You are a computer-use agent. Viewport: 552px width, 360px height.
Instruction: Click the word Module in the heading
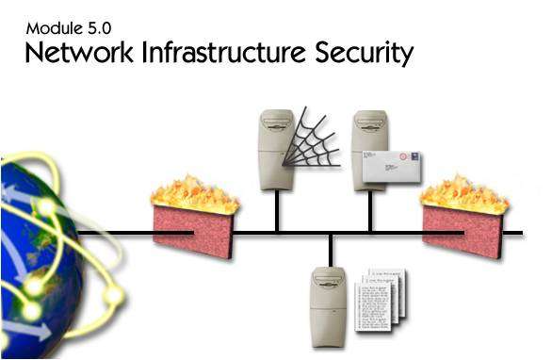(53, 28)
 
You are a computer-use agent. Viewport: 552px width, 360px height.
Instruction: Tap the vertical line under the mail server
(370, 211)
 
